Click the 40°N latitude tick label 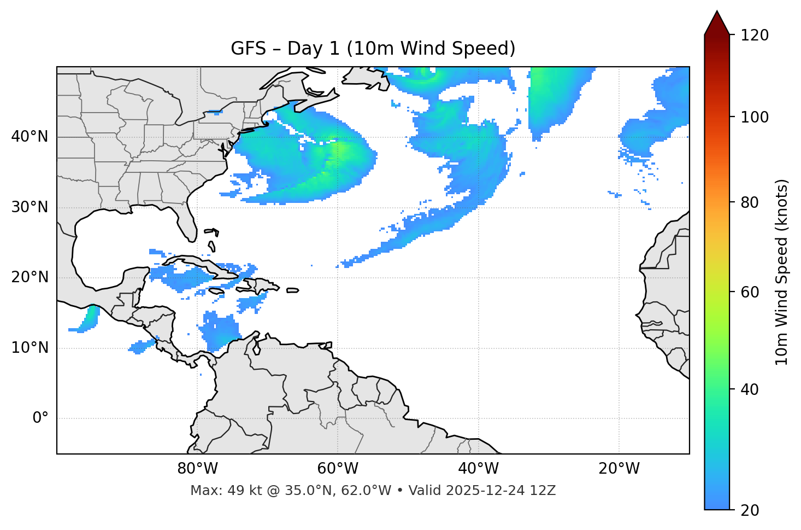[30, 137]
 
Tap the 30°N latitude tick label [30, 207]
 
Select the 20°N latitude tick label [30, 277]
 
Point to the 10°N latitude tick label [30, 348]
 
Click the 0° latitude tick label [40, 418]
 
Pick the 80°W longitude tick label [197, 469]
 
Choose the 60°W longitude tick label [338, 469]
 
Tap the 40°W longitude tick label [479, 469]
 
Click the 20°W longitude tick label [619, 469]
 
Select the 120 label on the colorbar [754, 36]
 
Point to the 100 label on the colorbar [754, 117]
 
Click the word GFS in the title [248, 49]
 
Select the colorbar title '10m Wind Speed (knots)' [782, 272]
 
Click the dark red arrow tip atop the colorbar [717, 22]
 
